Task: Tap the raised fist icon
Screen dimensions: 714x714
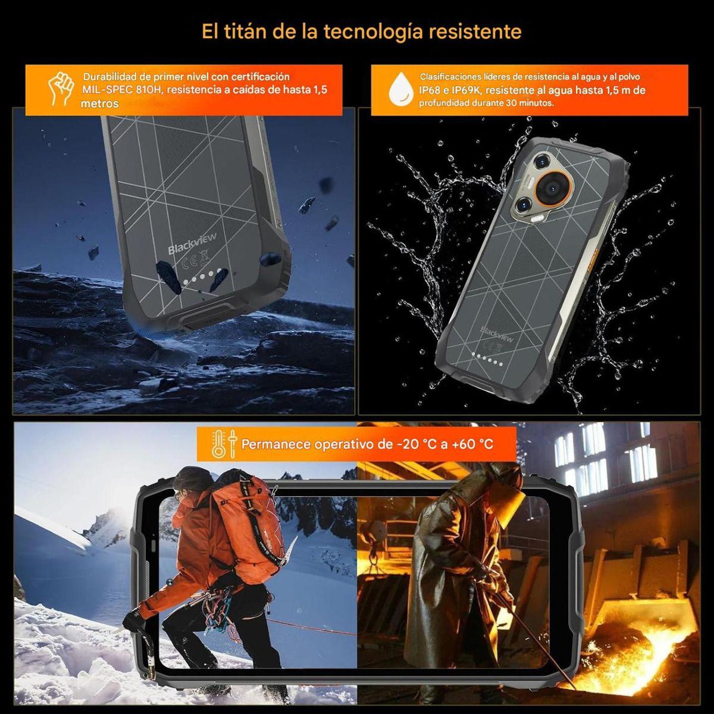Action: pos(61,89)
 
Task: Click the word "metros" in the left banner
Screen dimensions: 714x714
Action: pos(99,104)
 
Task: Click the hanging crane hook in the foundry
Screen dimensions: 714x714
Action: pos(374,556)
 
